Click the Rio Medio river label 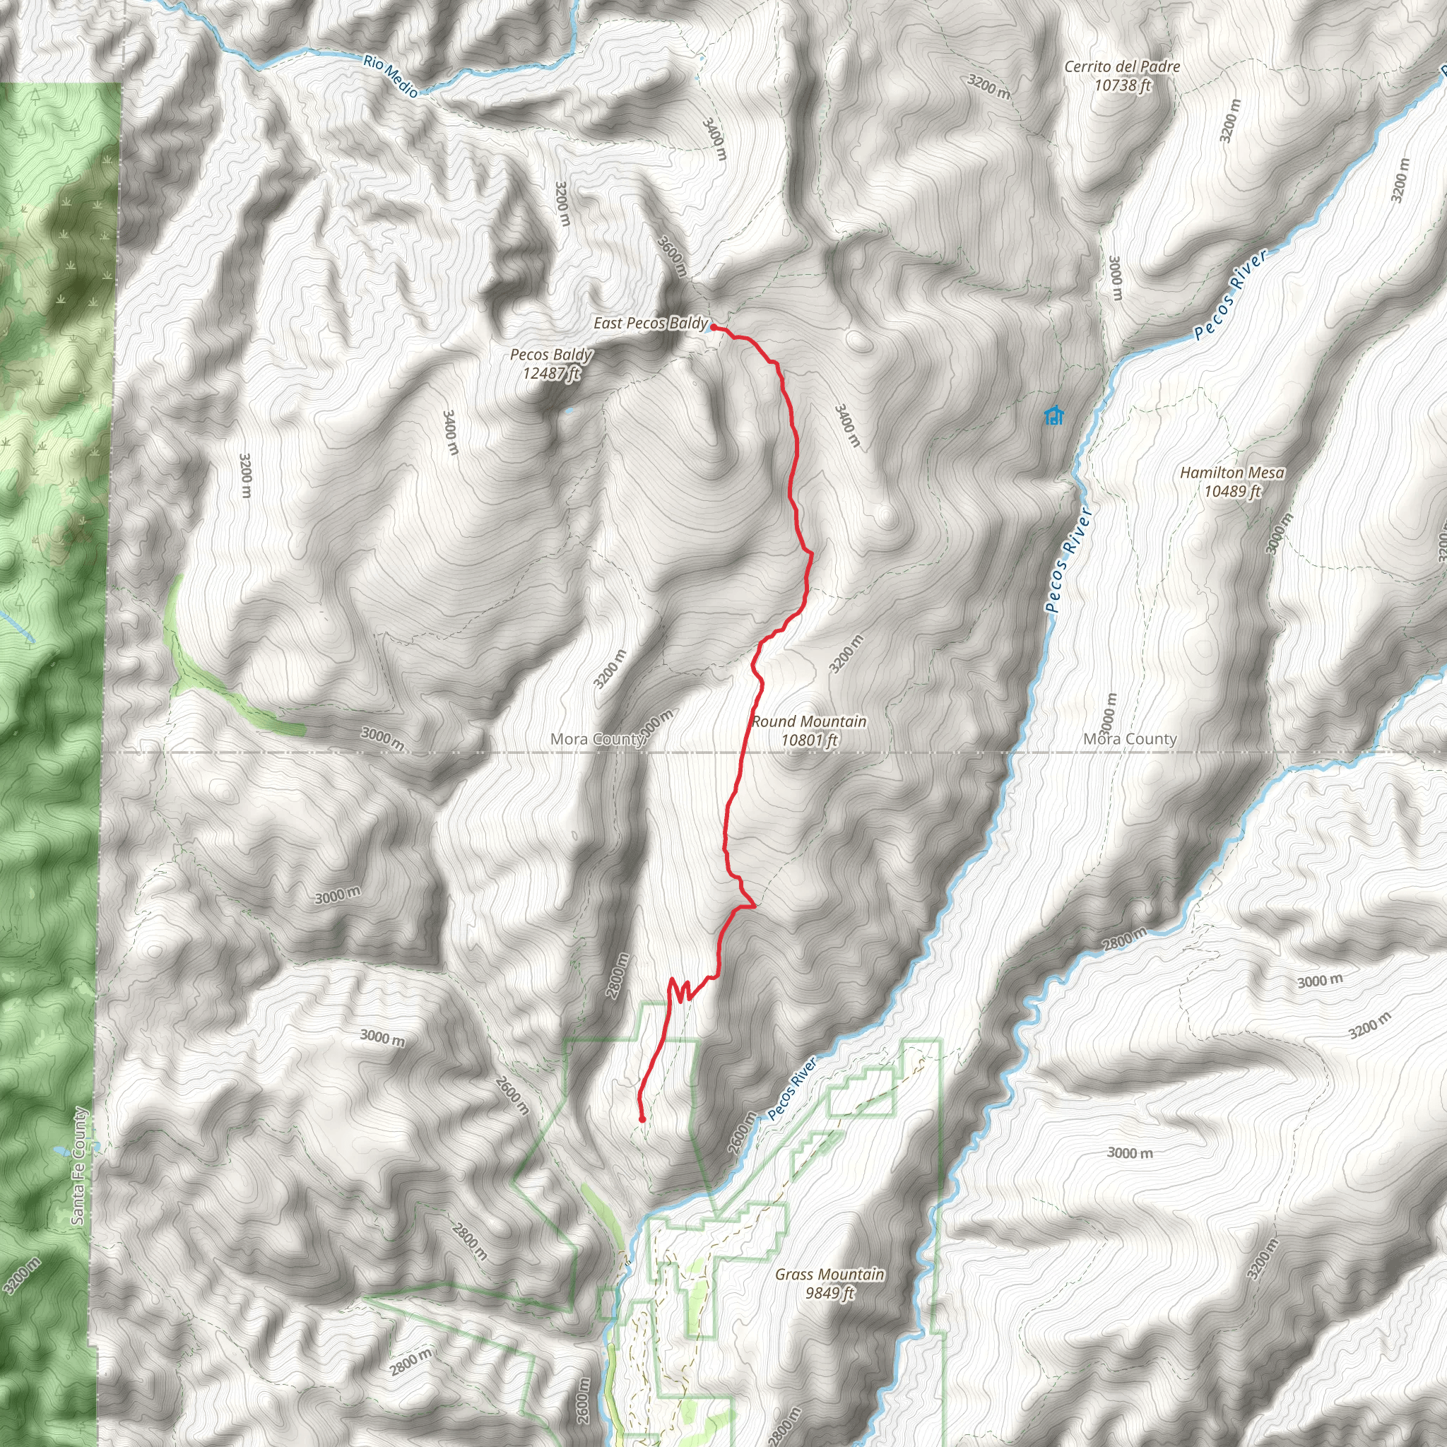pos(390,76)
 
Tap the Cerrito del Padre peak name pos(1121,66)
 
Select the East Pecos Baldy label pos(650,323)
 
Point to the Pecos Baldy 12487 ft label pos(551,363)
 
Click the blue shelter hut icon pos(1053,415)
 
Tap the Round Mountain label pos(809,721)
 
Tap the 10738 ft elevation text pos(1121,85)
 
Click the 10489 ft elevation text pos(1232,491)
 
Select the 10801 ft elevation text pos(809,740)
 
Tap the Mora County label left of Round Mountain pos(598,739)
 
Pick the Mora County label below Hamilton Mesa pos(1130,739)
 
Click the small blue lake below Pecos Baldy pos(569,411)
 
